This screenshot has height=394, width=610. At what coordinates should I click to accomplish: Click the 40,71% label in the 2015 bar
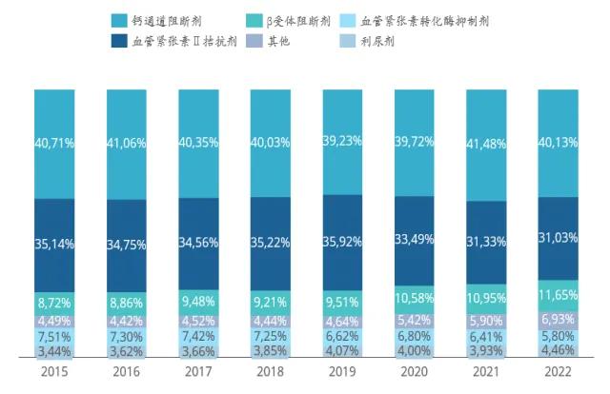click(55, 143)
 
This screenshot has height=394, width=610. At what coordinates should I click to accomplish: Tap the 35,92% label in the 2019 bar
click(341, 241)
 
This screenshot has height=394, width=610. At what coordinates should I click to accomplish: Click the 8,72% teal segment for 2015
click(55, 300)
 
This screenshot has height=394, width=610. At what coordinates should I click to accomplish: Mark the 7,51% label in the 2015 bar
click(55, 336)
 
